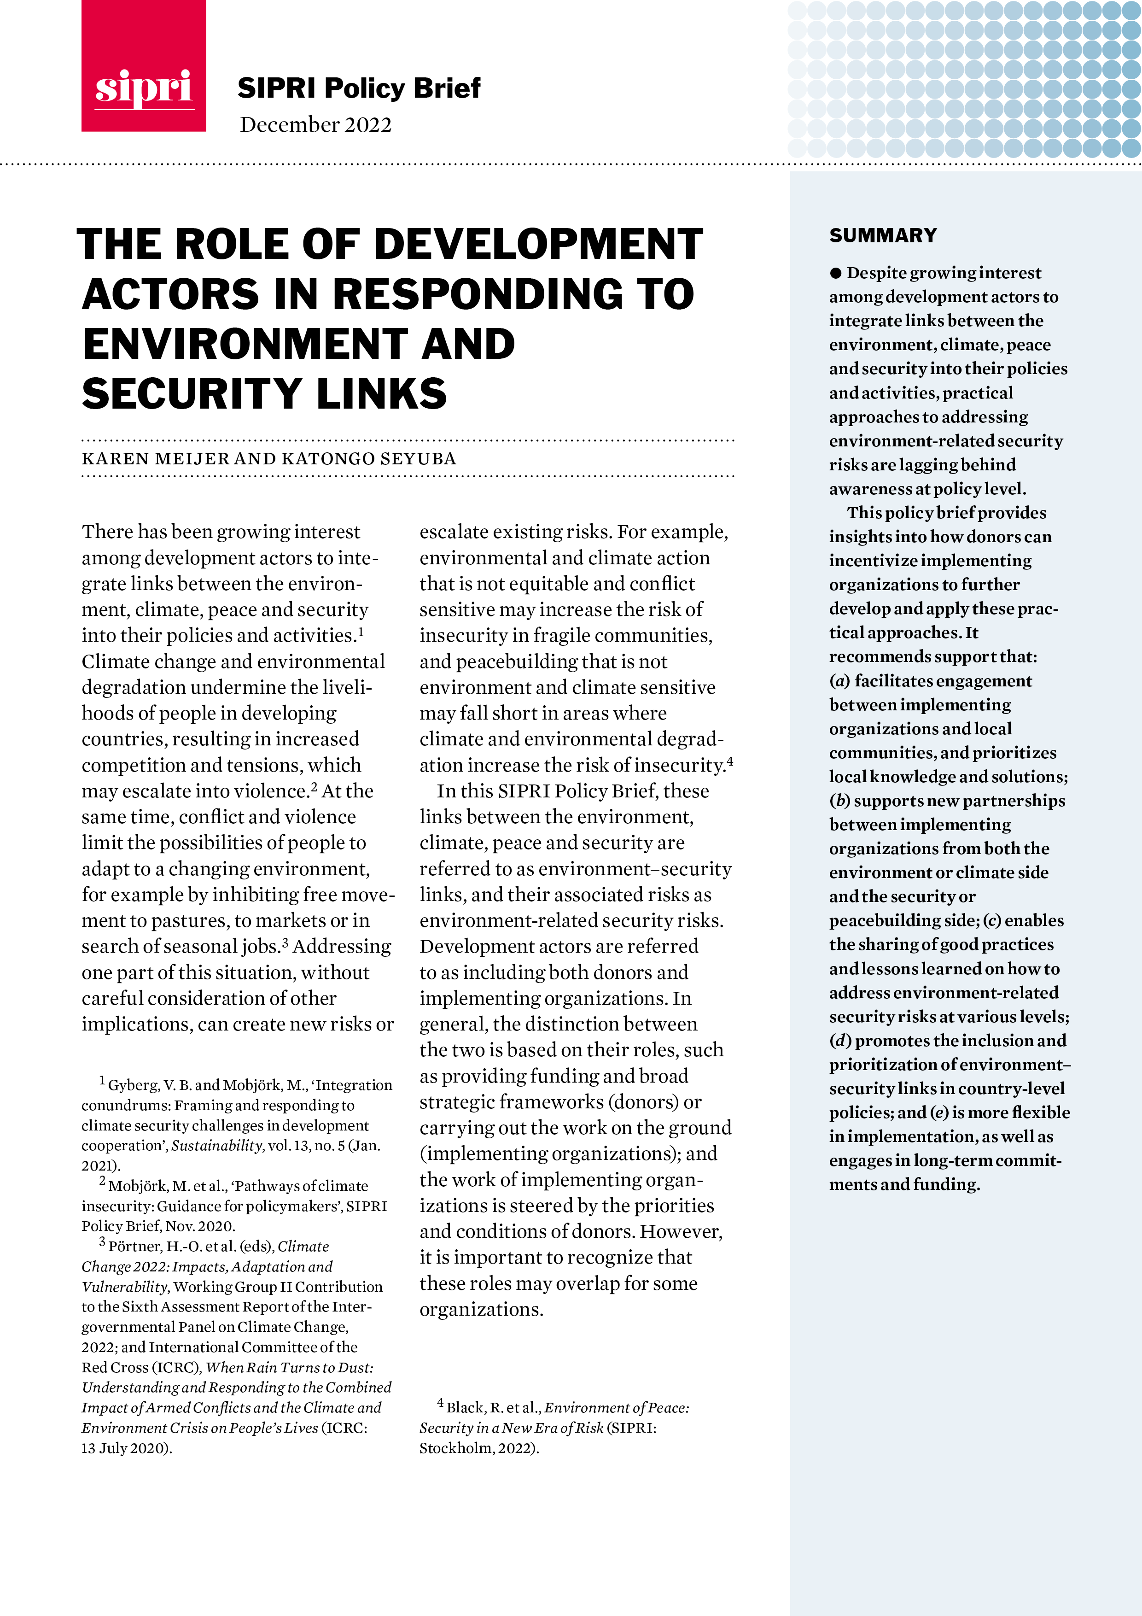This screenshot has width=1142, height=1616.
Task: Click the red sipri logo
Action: click(144, 67)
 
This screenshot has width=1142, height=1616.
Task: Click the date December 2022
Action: click(315, 124)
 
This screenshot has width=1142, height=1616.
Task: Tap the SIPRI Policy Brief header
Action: click(358, 88)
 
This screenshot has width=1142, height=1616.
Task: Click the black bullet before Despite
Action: click(835, 273)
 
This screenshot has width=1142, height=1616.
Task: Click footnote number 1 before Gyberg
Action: click(102, 1080)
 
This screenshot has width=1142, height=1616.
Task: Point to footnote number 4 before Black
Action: click(441, 1403)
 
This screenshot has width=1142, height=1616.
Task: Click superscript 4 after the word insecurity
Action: click(730, 760)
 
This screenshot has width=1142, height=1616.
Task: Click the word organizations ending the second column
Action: click(481, 1309)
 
